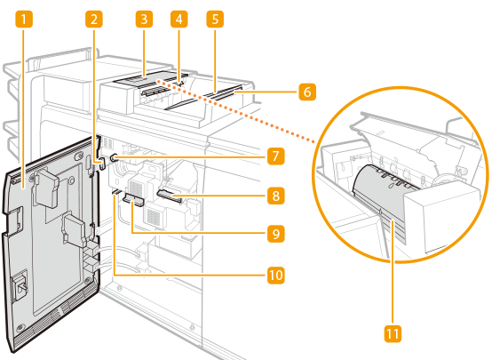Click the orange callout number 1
(23, 20)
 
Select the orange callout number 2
(94, 20)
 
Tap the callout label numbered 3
(144, 20)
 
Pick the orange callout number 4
(179, 20)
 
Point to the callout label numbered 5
(215, 20)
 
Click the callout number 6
(307, 92)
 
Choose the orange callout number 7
(276, 156)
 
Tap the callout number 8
(276, 196)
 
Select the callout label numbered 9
(276, 234)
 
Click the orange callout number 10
(276, 276)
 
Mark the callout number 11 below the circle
(393, 333)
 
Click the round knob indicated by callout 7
(115, 157)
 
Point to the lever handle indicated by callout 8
(170, 196)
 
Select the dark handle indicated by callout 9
(133, 200)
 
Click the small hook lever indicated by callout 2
(101, 164)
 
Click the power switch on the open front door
(20, 285)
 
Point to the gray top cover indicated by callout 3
(143, 79)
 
